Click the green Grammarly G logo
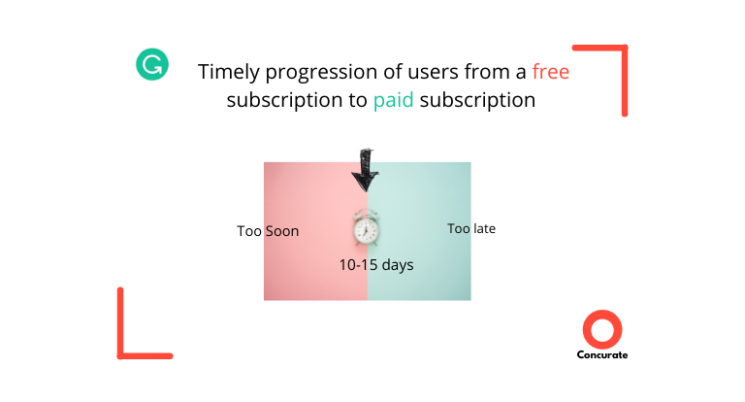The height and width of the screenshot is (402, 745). (152, 64)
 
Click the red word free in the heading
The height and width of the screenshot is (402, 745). (551, 72)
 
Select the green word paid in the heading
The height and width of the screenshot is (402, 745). (394, 100)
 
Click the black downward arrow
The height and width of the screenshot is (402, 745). (365, 170)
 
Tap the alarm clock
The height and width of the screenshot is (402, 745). (367, 227)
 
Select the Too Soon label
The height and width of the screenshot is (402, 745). (268, 231)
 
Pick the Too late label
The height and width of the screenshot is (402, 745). (471, 229)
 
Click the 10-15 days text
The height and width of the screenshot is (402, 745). (376, 265)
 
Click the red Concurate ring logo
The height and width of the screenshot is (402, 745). (602, 329)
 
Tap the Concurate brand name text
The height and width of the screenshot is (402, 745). (602, 354)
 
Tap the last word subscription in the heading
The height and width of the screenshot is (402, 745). (477, 100)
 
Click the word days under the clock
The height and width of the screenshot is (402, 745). (398, 265)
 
